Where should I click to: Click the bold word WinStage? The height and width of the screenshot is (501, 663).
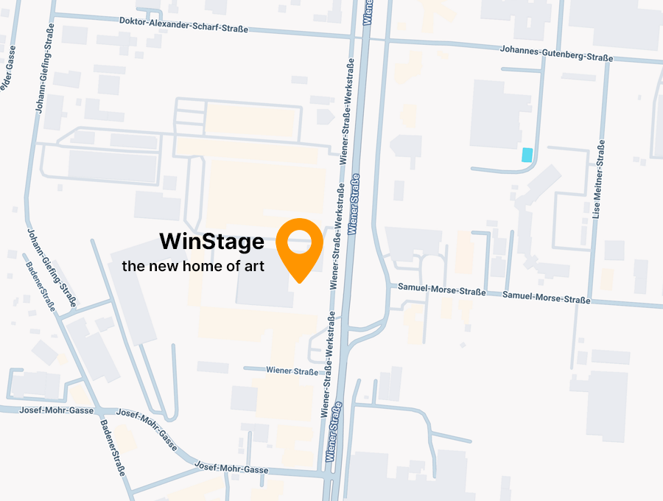tap(211, 241)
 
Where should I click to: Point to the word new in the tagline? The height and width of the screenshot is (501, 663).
tap(169, 266)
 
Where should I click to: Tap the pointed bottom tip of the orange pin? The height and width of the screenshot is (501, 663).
tap(300, 281)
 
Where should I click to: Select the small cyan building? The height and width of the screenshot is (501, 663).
tap(527, 155)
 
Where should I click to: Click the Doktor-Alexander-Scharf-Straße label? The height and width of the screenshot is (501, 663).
tap(183, 24)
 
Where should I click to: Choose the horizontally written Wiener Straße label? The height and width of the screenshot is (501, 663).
tap(292, 371)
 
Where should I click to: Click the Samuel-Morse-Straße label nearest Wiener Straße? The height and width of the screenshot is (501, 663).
tap(441, 291)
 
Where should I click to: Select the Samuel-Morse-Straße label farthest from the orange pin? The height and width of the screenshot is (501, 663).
tap(546, 299)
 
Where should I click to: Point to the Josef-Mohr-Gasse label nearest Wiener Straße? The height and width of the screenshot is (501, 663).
tap(231, 467)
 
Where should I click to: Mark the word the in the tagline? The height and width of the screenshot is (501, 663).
tap(133, 266)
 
